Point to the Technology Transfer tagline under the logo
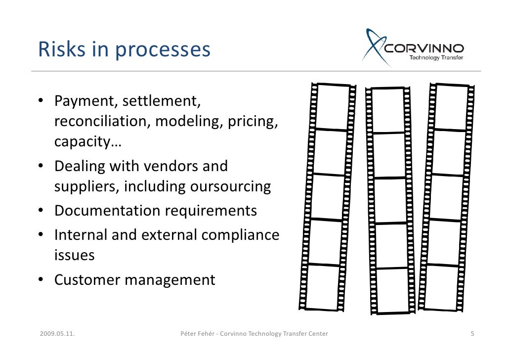(435, 57)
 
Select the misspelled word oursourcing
(229, 187)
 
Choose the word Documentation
(107, 211)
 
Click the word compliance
(240, 234)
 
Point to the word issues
(74, 255)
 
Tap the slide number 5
(472, 334)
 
